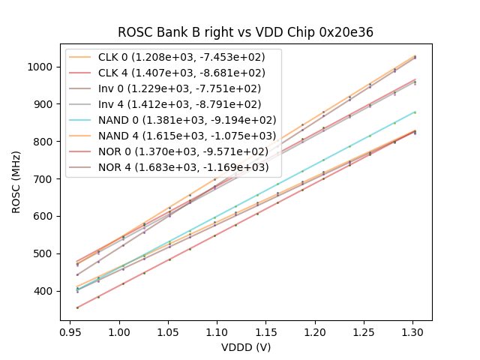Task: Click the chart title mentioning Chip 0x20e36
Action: [245, 32]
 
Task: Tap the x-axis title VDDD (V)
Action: [245, 347]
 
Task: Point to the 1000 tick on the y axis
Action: [42, 67]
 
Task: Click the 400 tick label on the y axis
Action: [45, 291]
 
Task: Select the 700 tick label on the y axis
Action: [45, 179]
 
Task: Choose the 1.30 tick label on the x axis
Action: [412, 331]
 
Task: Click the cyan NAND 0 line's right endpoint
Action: [415, 112]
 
